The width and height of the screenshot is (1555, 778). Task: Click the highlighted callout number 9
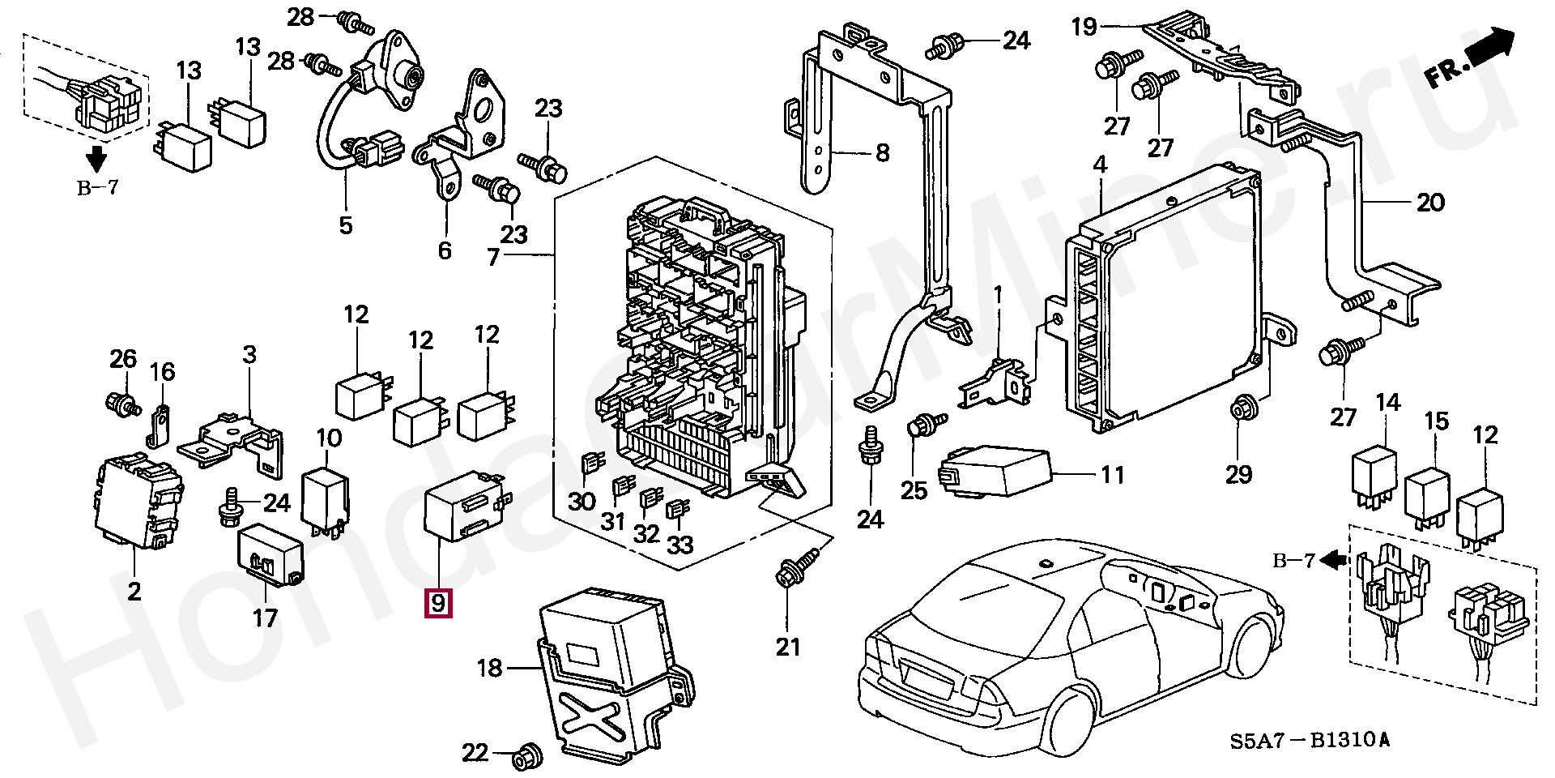click(437, 603)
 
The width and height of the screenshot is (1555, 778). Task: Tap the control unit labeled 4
click(1166, 300)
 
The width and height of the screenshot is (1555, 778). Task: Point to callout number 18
click(489, 669)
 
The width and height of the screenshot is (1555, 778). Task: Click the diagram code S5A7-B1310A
click(1309, 741)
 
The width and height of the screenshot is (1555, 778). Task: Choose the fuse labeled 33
click(675, 511)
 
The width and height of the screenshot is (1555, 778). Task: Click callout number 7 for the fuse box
click(494, 258)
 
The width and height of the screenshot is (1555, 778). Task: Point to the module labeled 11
click(996, 472)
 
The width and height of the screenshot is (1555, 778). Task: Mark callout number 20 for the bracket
click(1429, 202)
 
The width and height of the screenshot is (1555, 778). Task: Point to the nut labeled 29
click(1240, 410)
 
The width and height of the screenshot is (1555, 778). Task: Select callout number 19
click(1084, 28)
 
